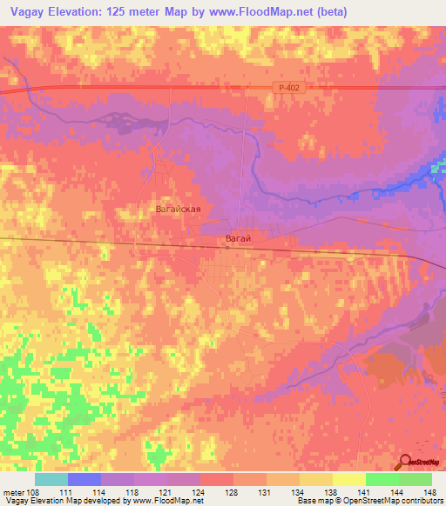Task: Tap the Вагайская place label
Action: coord(178,210)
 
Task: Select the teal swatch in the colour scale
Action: coord(51,479)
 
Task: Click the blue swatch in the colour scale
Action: coord(84,479)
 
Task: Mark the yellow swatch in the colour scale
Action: coord(349,479)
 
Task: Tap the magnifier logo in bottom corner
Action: coord(406,462)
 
